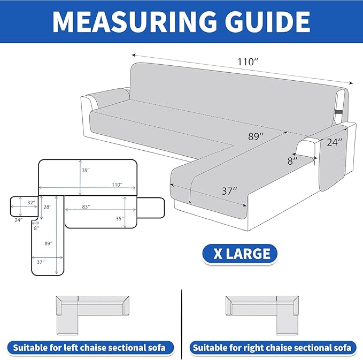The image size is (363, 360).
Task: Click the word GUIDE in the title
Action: (x=267, y=21)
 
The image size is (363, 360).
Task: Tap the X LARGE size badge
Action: (x=240, y=254)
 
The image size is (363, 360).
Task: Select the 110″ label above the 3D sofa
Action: (x=248, y=62)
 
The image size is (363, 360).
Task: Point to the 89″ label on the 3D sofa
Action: (x=256, y=136)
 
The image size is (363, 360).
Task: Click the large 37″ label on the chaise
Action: (x=229, y=191)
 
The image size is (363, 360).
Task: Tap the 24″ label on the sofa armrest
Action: (x=334, y=142)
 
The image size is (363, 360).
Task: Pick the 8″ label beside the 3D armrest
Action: (x=292, y=161)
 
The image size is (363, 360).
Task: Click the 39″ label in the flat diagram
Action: (x=86, y=170)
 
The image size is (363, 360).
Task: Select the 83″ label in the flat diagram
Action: (x=86, y=206)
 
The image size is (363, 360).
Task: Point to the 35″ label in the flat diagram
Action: (x=120, y=219)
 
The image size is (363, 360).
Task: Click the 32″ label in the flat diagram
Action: (x=31, y=203)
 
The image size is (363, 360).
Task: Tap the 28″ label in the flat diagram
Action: (x=48, y=207)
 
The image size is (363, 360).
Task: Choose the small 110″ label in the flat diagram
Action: (x=117, y=185)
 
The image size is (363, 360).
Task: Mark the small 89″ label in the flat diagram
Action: (x=49, y=243)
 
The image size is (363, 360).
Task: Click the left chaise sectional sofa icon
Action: (x=92, y=315)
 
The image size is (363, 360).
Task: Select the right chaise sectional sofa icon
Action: (x=262, y=315)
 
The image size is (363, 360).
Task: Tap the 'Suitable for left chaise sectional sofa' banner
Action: (x=90, y=348)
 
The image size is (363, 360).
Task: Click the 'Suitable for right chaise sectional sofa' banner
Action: (x=273, y=348)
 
